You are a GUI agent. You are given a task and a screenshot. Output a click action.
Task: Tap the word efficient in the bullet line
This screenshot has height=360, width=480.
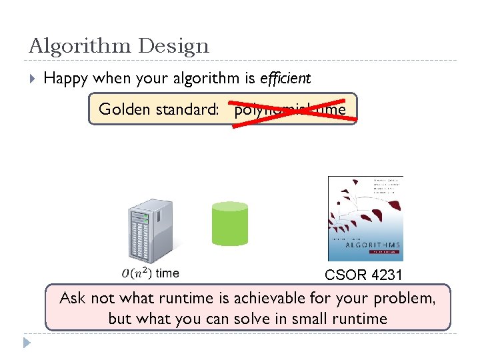pyautogui.click(x=285, y=79)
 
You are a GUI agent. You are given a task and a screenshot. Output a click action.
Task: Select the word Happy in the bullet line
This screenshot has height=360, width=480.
pyautogui.click(x=66, y=79)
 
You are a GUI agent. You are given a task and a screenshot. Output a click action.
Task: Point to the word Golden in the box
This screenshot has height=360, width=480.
pyautogui.click(x=125, y=109)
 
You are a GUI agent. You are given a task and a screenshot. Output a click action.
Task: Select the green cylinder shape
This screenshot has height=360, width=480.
pyautogui.click(x=229, y=224)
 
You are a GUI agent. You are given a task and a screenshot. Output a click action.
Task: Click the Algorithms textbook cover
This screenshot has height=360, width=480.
pyautogui.click(x=365, y=218)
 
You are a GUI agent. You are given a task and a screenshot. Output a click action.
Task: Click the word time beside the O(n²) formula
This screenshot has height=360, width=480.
pyautogui.click(x=167, y=273)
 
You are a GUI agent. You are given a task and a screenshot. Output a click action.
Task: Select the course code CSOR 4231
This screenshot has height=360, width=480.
pyautogui.click(x=365, y=275)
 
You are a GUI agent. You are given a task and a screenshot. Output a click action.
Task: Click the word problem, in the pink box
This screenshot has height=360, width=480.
pyautogui.click(x=405, y=298)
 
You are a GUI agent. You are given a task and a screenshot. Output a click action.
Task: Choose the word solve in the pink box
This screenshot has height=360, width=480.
pyautogui.click(x=261, y=319)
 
